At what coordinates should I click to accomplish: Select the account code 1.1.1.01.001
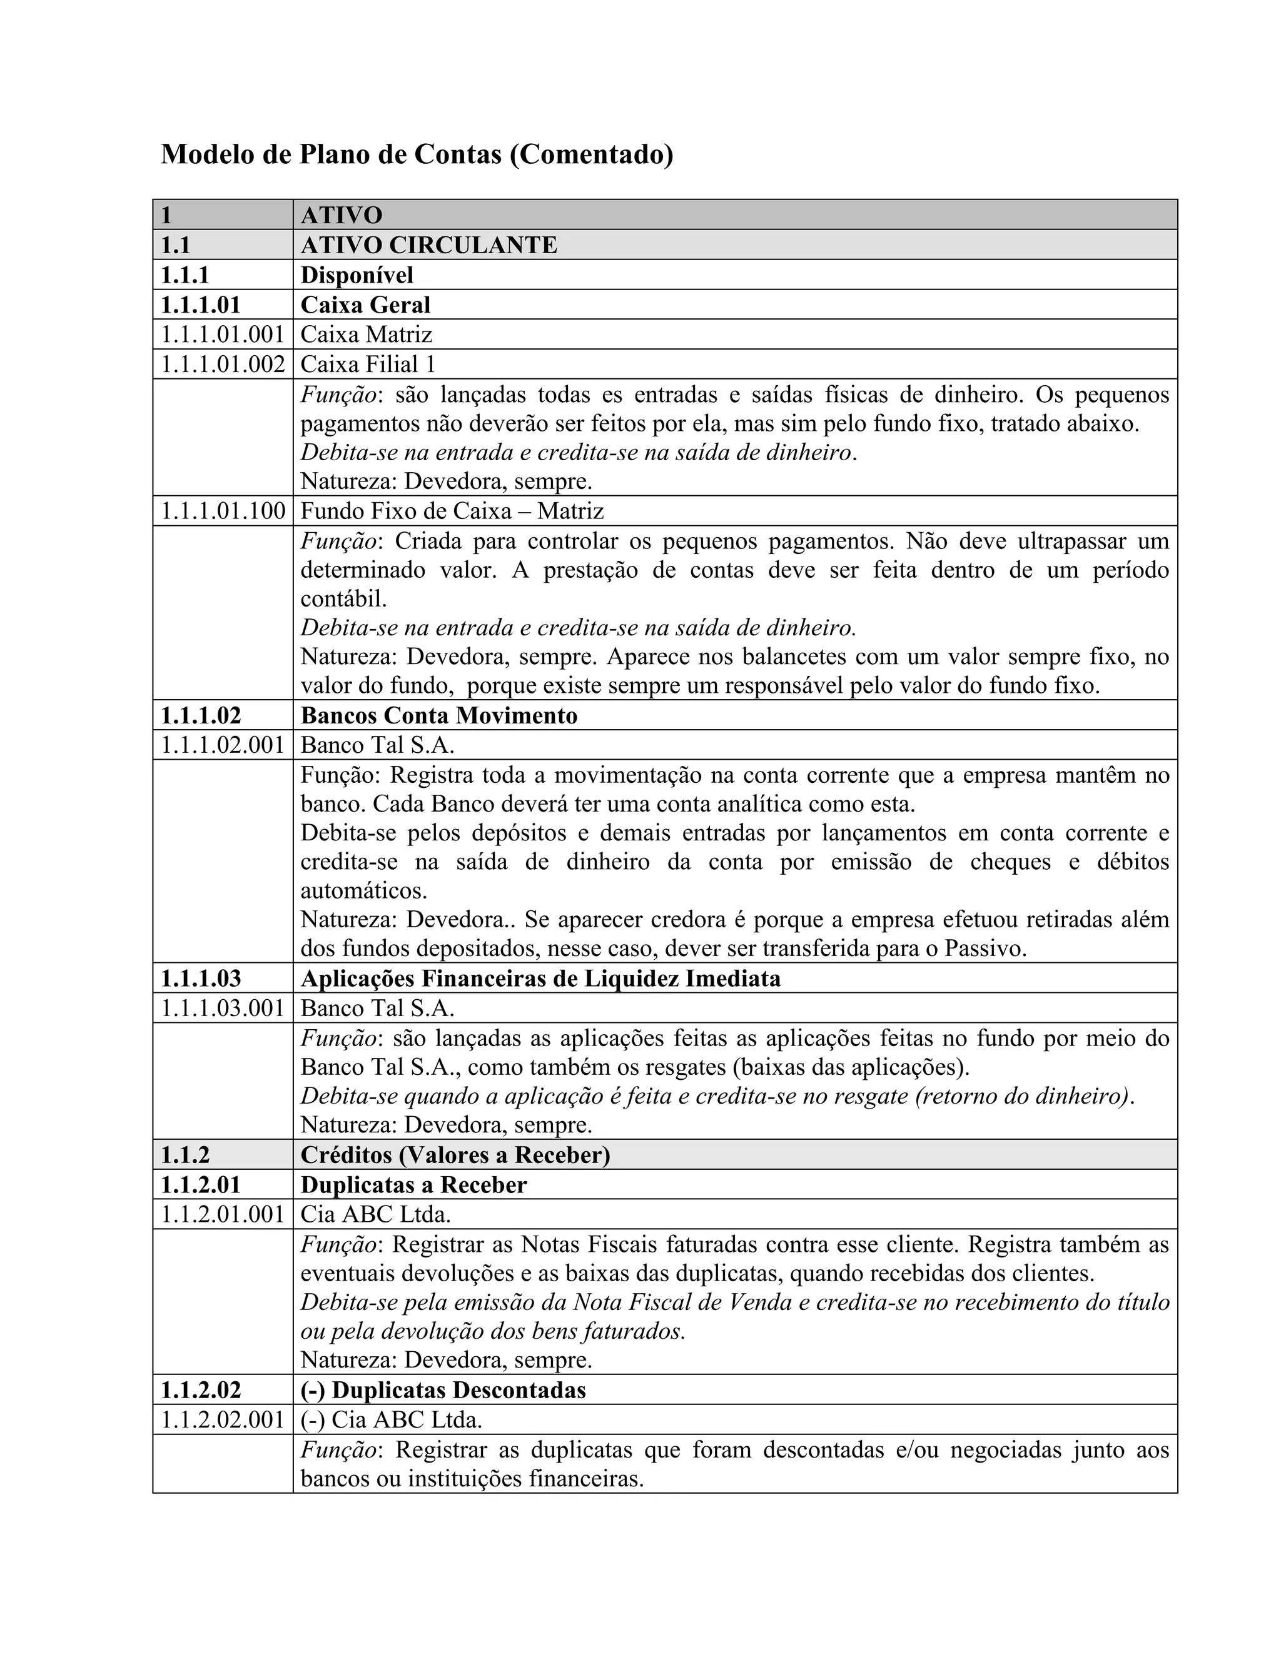tap(222, 334)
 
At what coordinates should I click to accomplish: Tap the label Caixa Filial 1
tap(368, 364)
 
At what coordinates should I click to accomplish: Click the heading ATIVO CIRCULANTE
tap(428, 245)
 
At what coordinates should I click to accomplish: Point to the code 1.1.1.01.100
tap(222, 511)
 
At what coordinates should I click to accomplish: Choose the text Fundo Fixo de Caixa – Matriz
tap(452, 511)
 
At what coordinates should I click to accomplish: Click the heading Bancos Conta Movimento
tap(438, 715)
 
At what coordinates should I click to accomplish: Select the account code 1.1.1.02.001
tap(222, 745)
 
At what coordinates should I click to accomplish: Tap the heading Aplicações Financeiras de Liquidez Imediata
tap(540, 979)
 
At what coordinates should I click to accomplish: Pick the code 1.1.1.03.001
tap(222, 1009)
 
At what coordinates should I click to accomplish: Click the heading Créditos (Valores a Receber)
tap(455, 1155)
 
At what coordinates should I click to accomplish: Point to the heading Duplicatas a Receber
tap(413, 1185)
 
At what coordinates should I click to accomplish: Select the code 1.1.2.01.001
tap(222, 1215)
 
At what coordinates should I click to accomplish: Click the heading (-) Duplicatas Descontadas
tap(443, 1390)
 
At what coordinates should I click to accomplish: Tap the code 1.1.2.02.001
tap(222, 1419)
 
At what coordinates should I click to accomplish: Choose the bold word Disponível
tap(357, 274)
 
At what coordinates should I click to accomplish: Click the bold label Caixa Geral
tap(365, 305)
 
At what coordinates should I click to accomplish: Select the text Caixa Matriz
tap(366, 334)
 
